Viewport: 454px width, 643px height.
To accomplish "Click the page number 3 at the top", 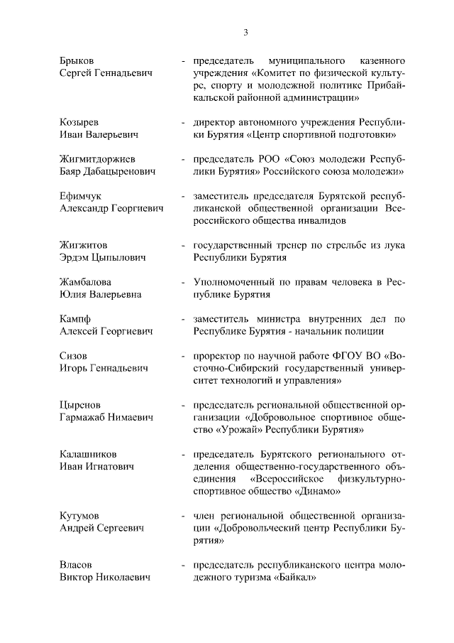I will pos(245,32).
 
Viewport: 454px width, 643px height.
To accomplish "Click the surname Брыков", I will pos(77,60).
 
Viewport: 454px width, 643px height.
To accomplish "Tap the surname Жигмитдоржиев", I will pos(98,158).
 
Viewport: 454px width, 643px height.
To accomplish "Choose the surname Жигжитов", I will pos(84,245).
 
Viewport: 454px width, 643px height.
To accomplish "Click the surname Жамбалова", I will pos(86,282).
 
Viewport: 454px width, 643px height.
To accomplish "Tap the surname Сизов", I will pos(74,355).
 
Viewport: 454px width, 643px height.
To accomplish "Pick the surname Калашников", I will pos(88,453).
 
